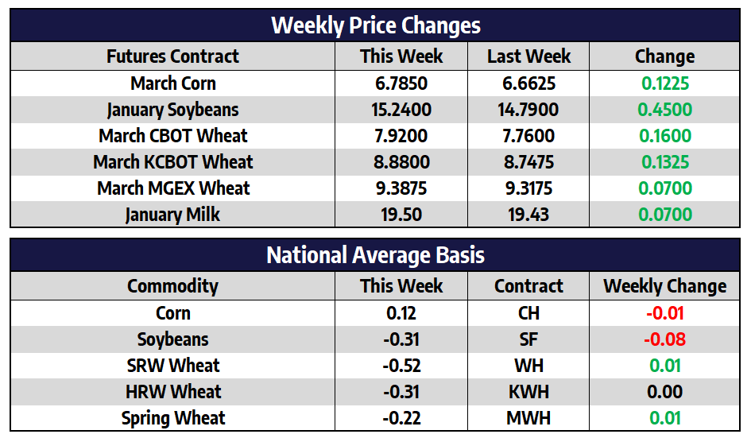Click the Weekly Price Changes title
click(375, 25)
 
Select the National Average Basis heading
click(375, 255)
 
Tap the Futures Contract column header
click(172, 56)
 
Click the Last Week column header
click(528, 56)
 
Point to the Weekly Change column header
click(664, 286)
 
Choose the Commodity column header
click(172, 286)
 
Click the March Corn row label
click(172, 83)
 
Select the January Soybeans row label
click(172, 110)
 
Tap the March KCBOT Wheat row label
click(172, 162)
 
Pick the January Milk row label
click(172, 215)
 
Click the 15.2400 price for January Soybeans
click(401, 110)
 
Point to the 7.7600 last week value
click(528, 136)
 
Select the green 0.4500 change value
click(664, 110)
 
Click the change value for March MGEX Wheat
click(664, 188)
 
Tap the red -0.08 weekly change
click(664, 339)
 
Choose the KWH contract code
click(528, 392)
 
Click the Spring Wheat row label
click(172, 418)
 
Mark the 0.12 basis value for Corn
click(401, 313)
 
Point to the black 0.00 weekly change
click(664, 392)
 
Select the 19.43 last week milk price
click(528, 215)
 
